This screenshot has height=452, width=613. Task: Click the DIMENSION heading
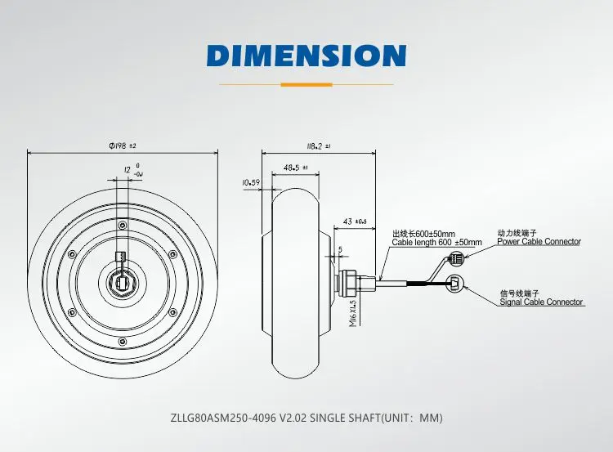(x=306, y=55)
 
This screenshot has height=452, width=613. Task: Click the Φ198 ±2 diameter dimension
(x=123, y=145)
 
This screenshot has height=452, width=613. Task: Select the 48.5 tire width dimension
(x=296, y=168)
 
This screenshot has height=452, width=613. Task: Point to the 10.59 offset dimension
(x=251, y=182)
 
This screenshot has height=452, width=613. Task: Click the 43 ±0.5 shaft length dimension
(x=355, y=222)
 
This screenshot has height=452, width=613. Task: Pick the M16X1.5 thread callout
(x=353, y=313)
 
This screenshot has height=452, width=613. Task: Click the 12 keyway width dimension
(x=133, y=170)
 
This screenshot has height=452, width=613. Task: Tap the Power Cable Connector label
(x=539, y=242)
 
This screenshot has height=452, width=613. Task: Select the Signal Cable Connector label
(x=541, y=302)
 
